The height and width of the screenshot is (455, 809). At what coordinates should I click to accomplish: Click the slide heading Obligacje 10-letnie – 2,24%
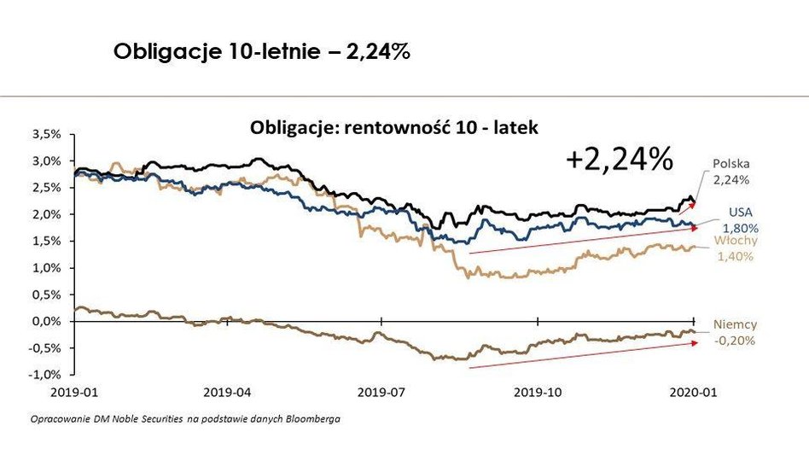pyautogui.click(x=263, y=52)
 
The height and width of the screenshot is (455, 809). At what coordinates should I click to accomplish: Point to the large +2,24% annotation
pyautogui.click(x=619, y=159)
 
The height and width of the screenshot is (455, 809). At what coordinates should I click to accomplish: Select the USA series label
pyautogui.click(x=740, y=213)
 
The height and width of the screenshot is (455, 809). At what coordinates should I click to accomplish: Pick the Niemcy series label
pyautogui.click(x=735, y=324)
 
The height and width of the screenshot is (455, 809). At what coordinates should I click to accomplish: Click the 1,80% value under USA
pyautogui.click(x=740, y=228)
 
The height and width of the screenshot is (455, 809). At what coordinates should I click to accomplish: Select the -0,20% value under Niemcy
pyautogui.click(x=735, y=340)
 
